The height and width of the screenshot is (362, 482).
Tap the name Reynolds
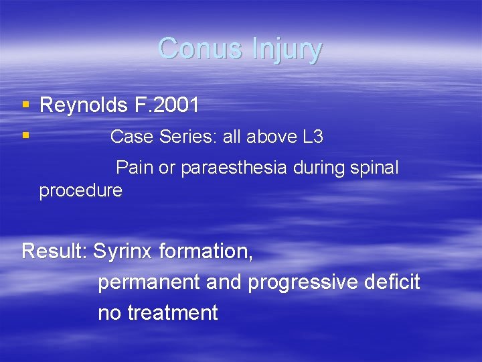[84, 105]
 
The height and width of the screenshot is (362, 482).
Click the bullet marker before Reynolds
[25, 105]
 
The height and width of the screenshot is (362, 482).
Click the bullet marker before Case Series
[25, 135]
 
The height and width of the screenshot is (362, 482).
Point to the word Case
[132, 137]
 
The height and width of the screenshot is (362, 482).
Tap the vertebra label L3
[313, 137]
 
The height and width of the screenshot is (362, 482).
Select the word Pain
[135, 168]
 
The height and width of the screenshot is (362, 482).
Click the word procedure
[80, 190]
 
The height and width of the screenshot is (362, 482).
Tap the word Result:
[54, 251]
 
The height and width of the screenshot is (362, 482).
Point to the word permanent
[149, 282]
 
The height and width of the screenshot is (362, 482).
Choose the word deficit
[396, 282]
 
